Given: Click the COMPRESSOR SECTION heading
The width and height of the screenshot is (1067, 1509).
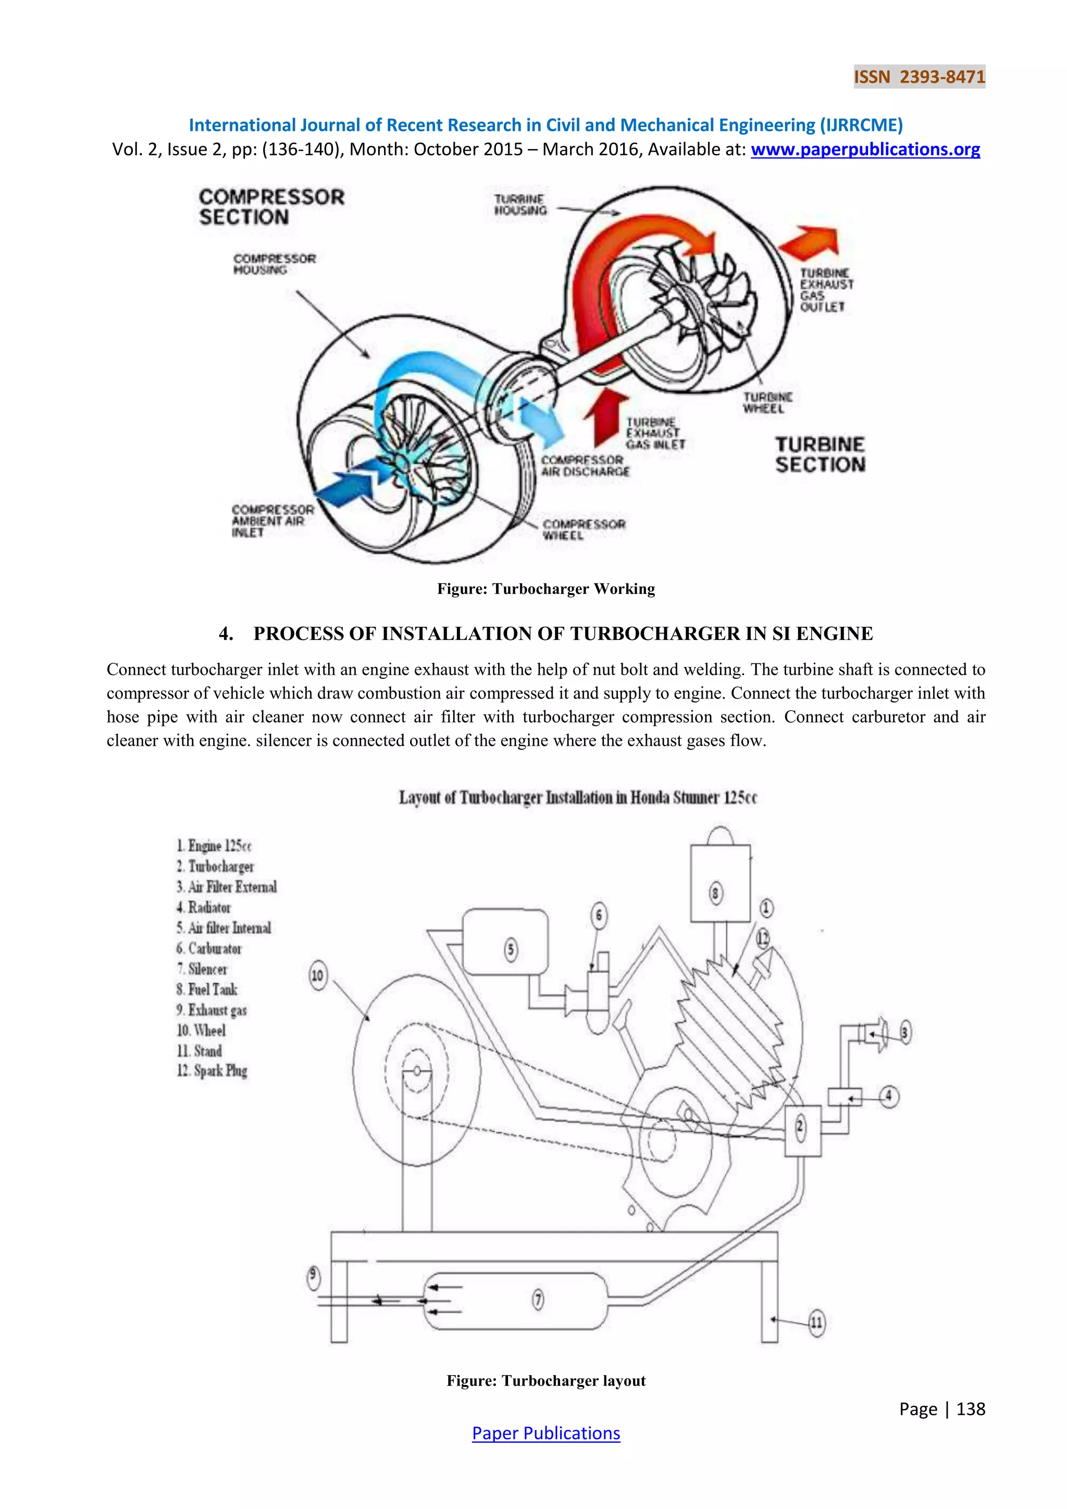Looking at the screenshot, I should pos(271,206).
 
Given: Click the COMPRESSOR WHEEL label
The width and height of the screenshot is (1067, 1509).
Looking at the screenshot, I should pos(584,529).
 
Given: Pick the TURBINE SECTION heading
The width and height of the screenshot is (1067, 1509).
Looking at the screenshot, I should pos(820,454).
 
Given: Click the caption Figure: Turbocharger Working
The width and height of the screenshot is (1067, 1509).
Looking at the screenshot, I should pos(545,589).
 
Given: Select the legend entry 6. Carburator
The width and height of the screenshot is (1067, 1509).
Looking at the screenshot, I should pos(208,948).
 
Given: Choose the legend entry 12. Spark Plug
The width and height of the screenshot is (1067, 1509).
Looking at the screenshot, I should pos(212,1071).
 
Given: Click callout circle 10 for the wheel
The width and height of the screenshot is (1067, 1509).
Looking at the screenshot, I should pos(317,975).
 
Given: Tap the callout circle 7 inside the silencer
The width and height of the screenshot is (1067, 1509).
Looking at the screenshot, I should pos(538,1300).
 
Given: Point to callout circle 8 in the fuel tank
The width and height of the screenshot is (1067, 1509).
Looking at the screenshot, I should pos(715,893).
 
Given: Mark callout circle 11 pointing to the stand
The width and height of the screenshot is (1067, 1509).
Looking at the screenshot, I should pos(815,1322).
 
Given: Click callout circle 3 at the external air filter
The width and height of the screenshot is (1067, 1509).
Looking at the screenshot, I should pos(905,1033).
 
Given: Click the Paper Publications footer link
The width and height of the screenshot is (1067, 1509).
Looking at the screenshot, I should pos(545,1433).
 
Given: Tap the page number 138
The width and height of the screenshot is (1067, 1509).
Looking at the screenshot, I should pos(971,1409).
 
